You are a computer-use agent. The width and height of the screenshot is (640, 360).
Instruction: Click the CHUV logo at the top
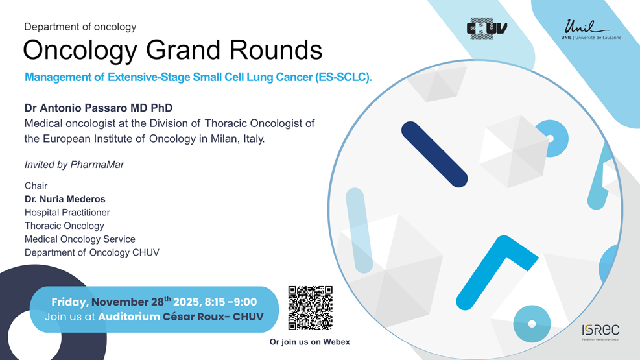(x=487, y=28)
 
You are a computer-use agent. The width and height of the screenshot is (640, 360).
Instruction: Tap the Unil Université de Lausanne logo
(x=591, y=29)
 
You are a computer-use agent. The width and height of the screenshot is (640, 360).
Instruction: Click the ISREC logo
(x=600, y=332)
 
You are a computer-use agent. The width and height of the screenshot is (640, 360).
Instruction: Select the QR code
(x=310, y=307)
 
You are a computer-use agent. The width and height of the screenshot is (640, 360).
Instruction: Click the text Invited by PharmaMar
(x=75, y=165)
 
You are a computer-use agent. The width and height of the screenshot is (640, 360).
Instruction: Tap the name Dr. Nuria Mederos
(x=65, y=199)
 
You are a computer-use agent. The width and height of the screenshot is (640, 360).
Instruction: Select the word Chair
(x=36, y=186)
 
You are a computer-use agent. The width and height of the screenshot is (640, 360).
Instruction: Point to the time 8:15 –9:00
(x=231, y=302)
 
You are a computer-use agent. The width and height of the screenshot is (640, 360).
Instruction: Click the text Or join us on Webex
(x=310, y=342)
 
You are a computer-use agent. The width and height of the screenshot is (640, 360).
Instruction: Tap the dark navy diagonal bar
(x=434, y=154)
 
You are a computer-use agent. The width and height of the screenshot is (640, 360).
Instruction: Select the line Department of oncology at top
(x=80, y=27)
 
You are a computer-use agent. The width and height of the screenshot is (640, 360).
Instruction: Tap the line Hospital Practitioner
(x=67, y=213)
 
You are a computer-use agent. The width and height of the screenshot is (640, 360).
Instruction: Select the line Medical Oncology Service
(x=80, y=239)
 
